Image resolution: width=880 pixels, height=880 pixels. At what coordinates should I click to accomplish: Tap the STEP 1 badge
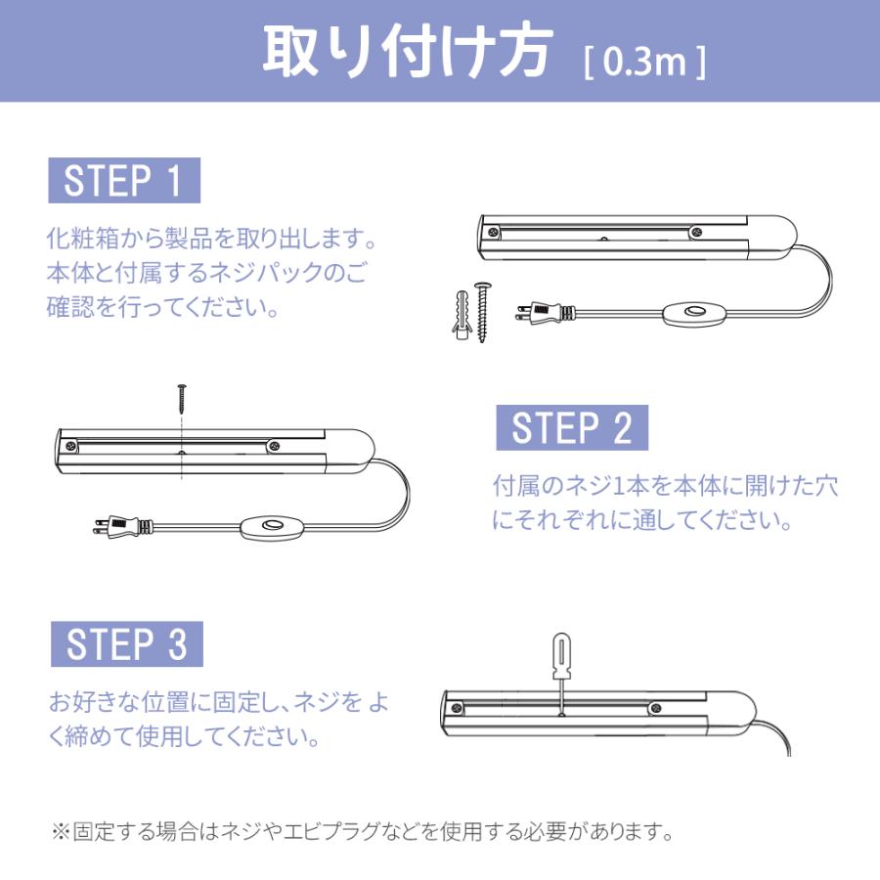pyautogui.click(x=123, y=181)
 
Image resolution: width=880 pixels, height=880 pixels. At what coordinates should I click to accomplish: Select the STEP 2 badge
pyautogui.click(x=572, y=428)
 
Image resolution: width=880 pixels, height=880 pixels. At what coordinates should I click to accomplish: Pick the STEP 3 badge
pyautogui.click(x=126, y=644)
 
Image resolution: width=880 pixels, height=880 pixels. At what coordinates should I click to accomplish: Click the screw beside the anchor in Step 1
pyautogui.click(x=482, y=311)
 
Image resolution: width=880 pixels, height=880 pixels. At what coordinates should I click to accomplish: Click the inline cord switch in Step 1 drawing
pyautogui.click(x=695, y=313)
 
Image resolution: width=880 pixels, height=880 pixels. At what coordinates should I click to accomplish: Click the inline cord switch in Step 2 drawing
pyautogui.click(x=270, y=529)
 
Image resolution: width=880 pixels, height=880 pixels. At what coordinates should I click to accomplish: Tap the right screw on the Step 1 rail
pyautogui.click(x=696, y=232)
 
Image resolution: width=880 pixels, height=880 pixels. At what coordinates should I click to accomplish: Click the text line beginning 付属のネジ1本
pyautogui.click(x=665, y=485)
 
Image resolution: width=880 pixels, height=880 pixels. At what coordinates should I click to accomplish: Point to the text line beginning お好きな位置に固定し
pyautogui.click(x=219, y=700)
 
